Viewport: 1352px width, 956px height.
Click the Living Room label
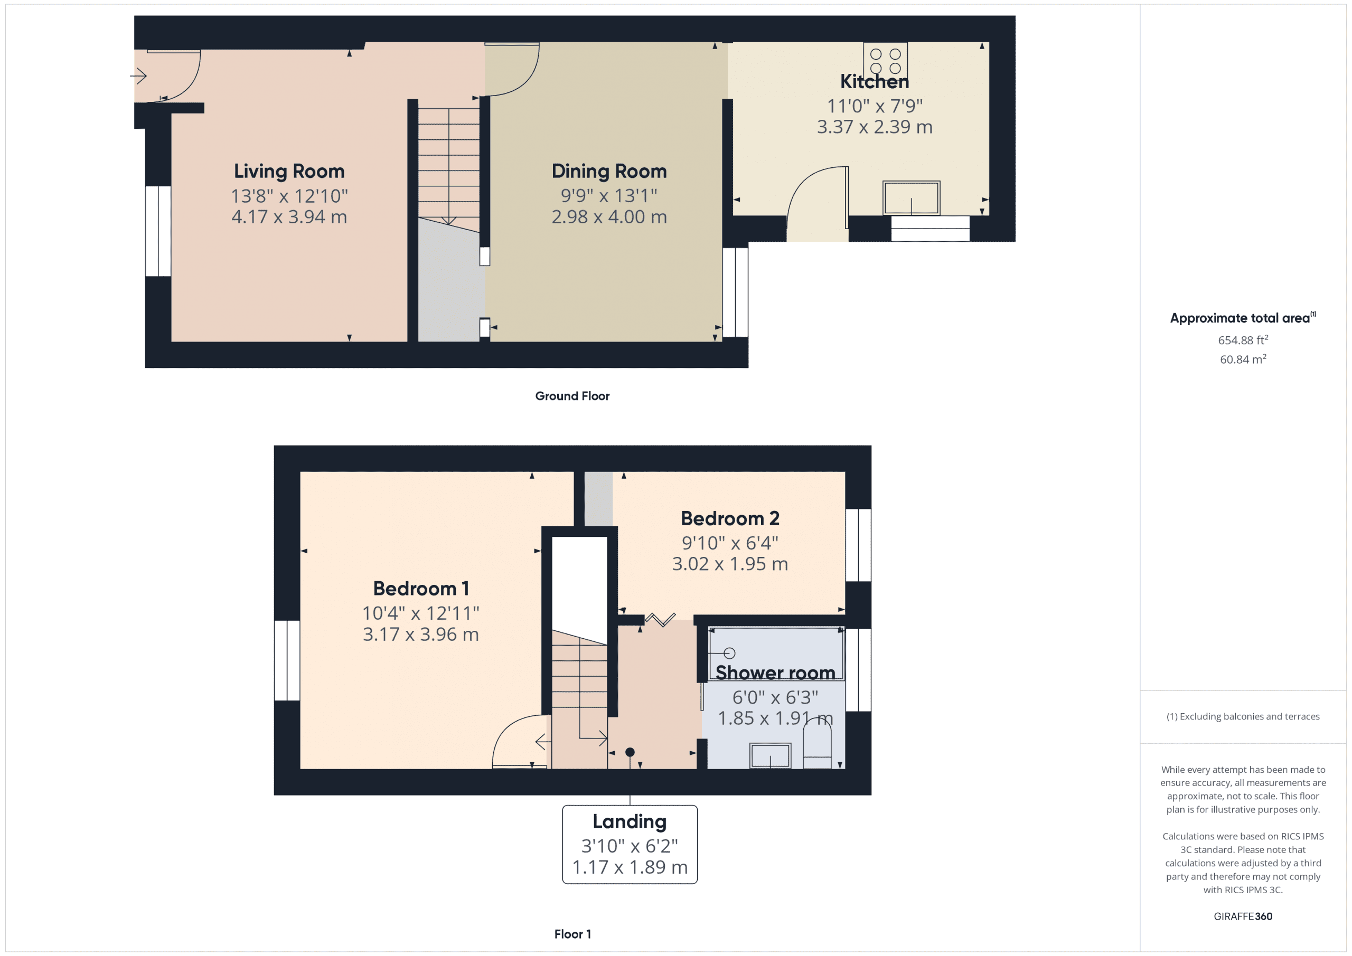tap(288, 172)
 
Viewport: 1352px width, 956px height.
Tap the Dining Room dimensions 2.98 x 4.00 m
tap(609, 217)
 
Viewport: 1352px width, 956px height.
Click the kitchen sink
tap(911, 198)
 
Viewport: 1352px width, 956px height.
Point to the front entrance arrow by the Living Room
tap(138, 76)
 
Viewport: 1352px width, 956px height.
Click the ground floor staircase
tap(449, 165)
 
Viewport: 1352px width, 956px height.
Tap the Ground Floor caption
tap(572, 396)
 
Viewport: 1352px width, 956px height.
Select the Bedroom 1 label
tap(420, 589)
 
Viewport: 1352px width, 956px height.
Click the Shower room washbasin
tap(769, 756)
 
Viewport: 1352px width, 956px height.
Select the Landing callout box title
tap(630, 821)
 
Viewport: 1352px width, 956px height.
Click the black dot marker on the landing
tap(630, 752)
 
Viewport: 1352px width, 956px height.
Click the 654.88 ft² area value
tap(1243, 340)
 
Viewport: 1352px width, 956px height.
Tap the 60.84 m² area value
tap(1243, 359)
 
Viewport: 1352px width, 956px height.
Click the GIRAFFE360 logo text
tap(1243, 916)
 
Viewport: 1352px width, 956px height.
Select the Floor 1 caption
tap(572, 934)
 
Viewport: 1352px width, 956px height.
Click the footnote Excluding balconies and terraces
tap(1243, 716)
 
